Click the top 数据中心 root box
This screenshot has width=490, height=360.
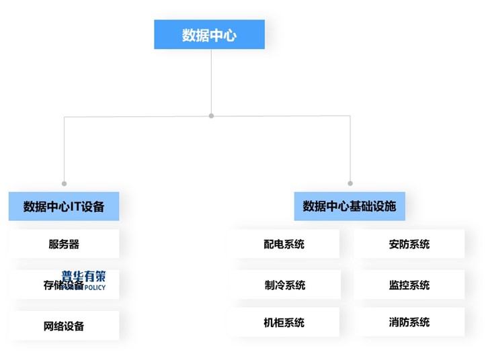coord(209,35)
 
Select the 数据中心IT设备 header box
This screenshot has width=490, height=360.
coord(64,206)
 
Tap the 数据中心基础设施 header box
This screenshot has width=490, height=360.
coord(350,206)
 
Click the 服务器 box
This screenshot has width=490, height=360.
coord(64,244)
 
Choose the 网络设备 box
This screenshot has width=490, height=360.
coord(64,326)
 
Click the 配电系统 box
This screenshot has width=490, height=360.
coord(284,244)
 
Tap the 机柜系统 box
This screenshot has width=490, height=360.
coord(284,322)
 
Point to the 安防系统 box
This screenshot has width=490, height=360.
coord(409,244)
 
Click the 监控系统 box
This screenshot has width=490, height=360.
coord(409,285)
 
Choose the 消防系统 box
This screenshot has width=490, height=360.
coord(409,322)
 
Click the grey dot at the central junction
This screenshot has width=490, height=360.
coord(211,116)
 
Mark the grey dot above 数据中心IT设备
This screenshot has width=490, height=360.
coord(65,183)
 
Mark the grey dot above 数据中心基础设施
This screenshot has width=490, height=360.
coord(350,183)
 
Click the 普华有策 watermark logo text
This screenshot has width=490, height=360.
coord(83,275)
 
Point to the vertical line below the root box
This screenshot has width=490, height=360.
coord(211,81)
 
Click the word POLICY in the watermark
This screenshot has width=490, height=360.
coord(93,287)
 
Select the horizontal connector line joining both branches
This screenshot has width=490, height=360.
coord(282,116)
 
